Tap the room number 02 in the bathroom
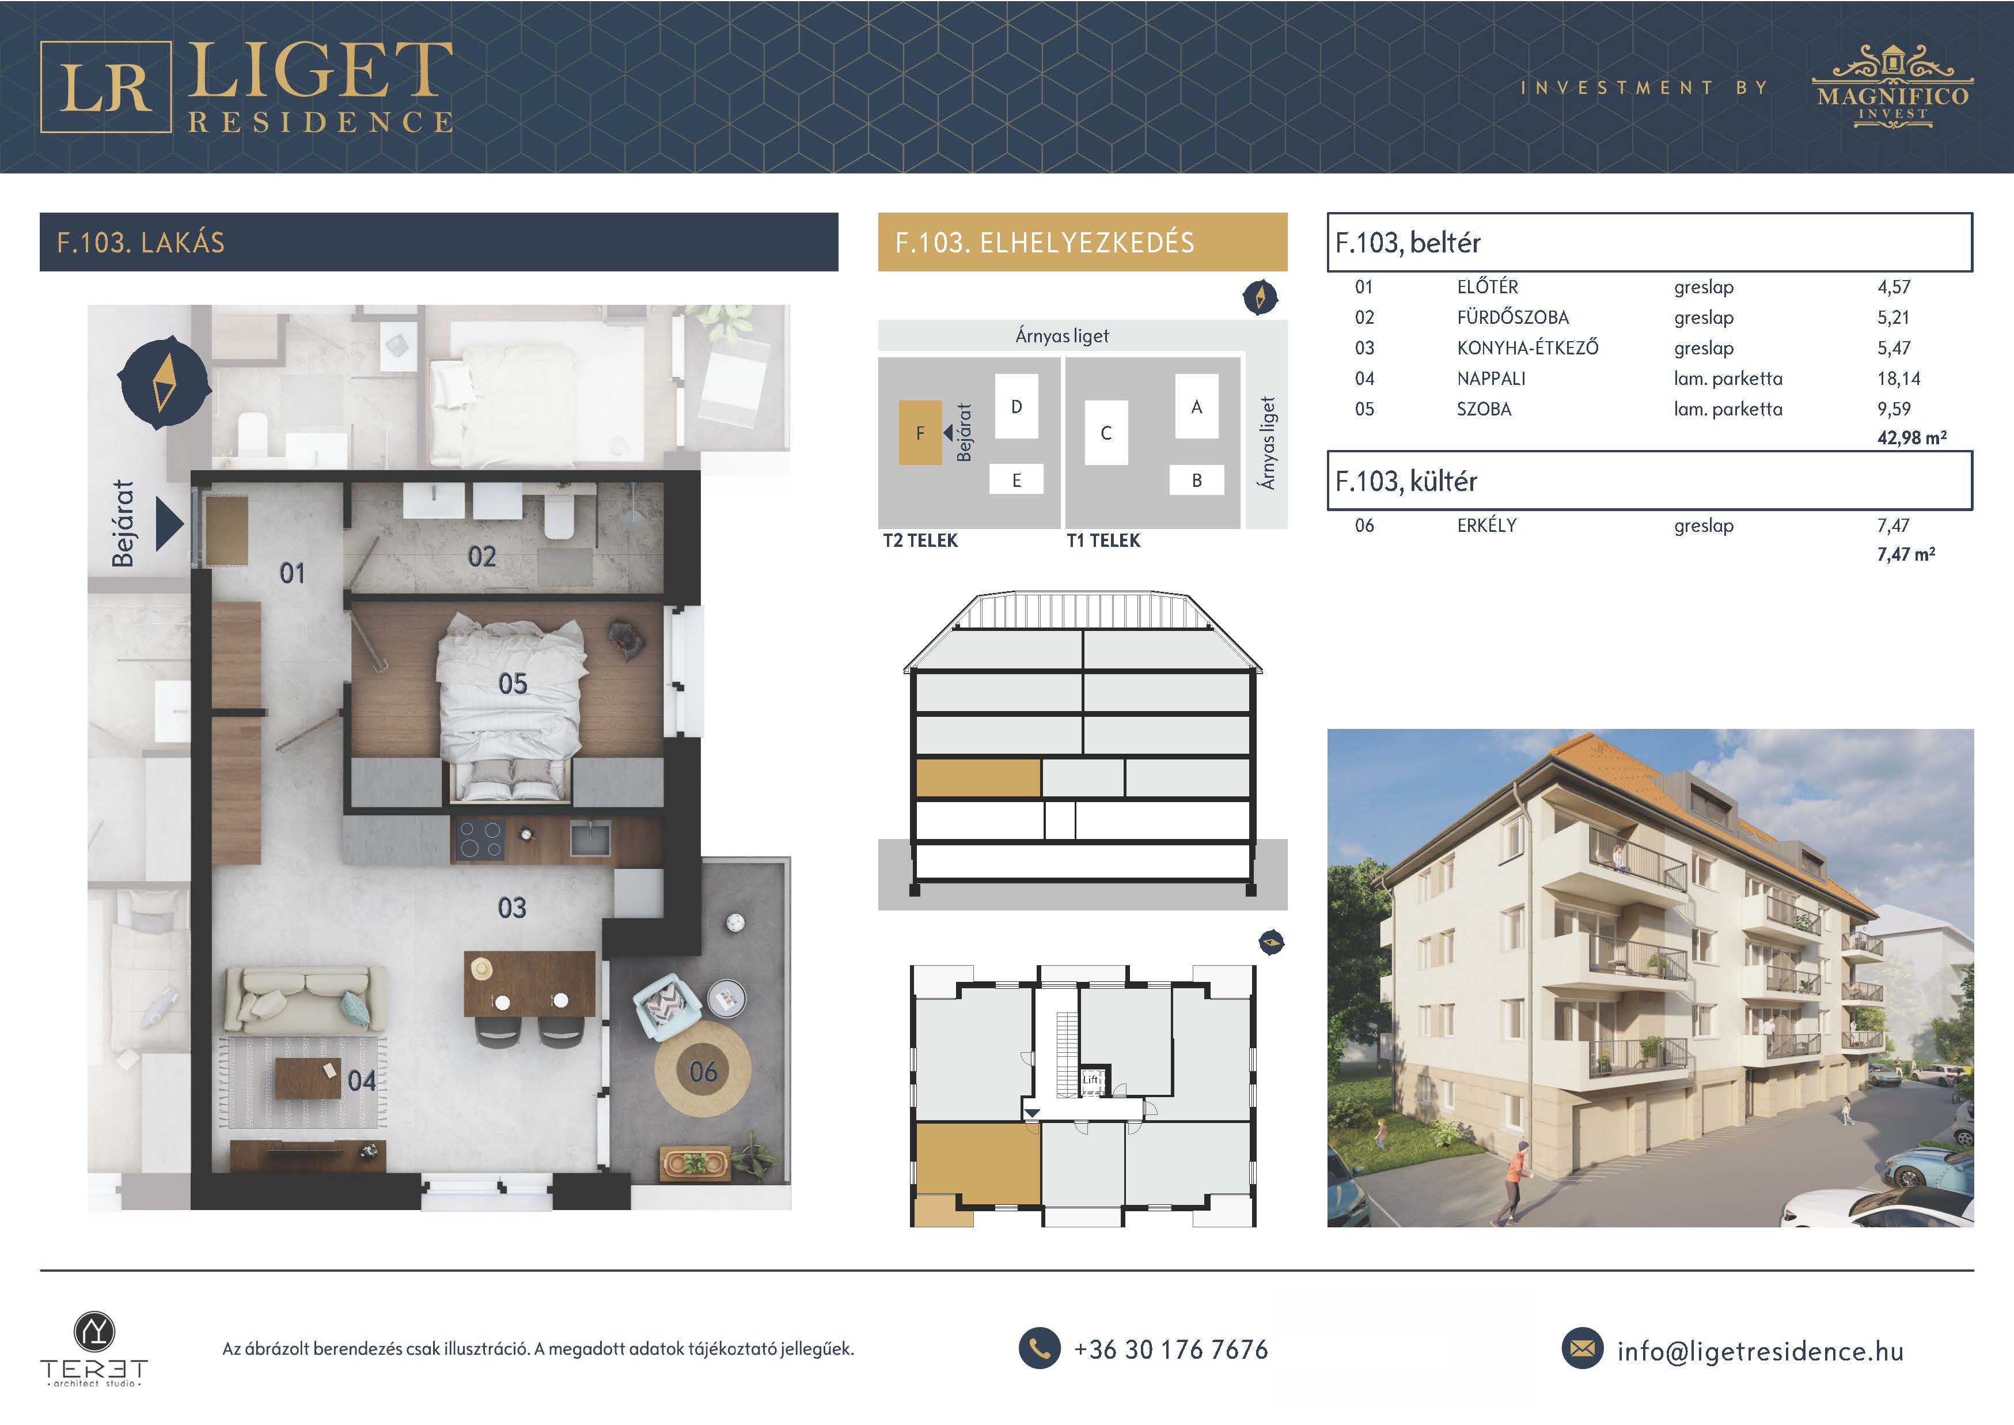pyautogui.click(x=481, y=556)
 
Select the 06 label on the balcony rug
pyautogui.click(x=703, y=1071)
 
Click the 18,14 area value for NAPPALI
pyautogui.click(x=1898, y=379)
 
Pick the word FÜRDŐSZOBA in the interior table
pyautogui.click(x=1512, y=317)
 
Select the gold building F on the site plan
pyautogui.click(x=920, y=433)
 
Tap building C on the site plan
pyautogui.click(x=1106, y=433)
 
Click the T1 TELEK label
pyautogui.click(x=1103, y=540)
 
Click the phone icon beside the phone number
pyautogui.click(x=1040, y=1349)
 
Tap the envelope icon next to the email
pyautogui.click(x=1583, y=1350)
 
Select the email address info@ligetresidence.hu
pyautogui.click(x=1761, y=1351)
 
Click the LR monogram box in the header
pyautogui.click(x=105, y=87)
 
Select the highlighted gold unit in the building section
pyautogui.click(x=978, y=778)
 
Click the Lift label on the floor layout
pyautogui.click(x=1090, y=1079)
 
